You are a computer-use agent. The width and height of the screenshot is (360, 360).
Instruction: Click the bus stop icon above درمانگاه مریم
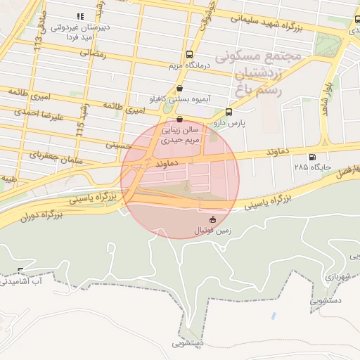click(188, 54)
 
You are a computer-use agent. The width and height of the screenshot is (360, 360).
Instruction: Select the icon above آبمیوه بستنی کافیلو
click(181, 89)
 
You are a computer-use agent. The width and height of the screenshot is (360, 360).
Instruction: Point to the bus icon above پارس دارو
click(229, 112)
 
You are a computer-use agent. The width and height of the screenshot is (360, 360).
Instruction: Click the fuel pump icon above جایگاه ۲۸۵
click(312, 157)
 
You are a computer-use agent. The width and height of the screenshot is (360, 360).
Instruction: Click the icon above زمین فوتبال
click(213, 219)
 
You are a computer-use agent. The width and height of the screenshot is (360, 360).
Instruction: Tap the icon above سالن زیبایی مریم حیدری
click(180, 119)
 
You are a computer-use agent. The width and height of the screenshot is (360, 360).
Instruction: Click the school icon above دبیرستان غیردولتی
click(79, 15)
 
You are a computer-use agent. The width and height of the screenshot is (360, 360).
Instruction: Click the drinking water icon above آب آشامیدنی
click(20, 271)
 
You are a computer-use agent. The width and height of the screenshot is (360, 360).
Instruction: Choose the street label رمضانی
click(94, 53)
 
